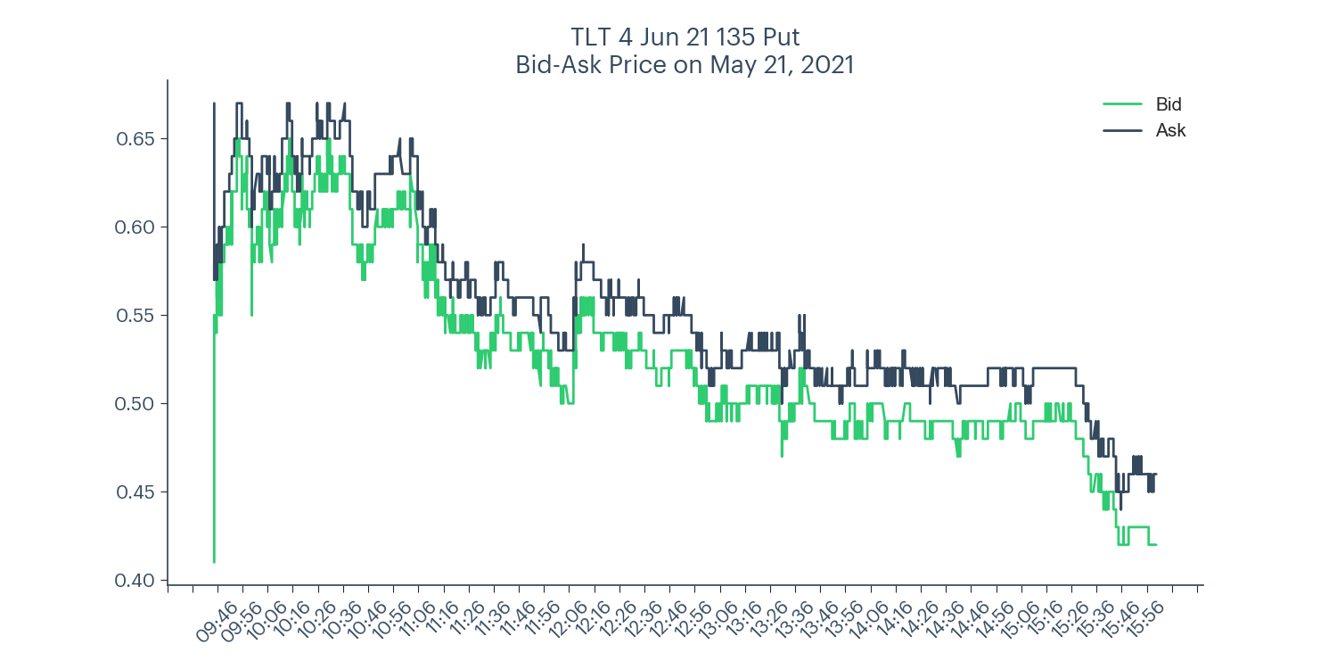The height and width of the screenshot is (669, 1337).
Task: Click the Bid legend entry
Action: [1169, 104]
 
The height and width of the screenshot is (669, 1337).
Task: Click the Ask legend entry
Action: [1170, 130]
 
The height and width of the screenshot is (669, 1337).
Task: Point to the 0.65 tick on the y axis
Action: [136, 139]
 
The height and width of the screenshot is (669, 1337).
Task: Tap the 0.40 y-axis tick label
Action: [136, 581]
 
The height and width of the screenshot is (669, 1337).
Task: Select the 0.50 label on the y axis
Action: [136, 404]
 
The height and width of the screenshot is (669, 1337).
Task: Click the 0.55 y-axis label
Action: [136, 316]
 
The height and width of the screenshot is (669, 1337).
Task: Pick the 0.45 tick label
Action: [136, 492]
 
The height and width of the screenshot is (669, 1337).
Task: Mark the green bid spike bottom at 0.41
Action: [214, 561]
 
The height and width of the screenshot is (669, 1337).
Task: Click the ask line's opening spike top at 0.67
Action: [214, 104]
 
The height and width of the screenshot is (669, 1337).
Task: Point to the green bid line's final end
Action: [1156, 544]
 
